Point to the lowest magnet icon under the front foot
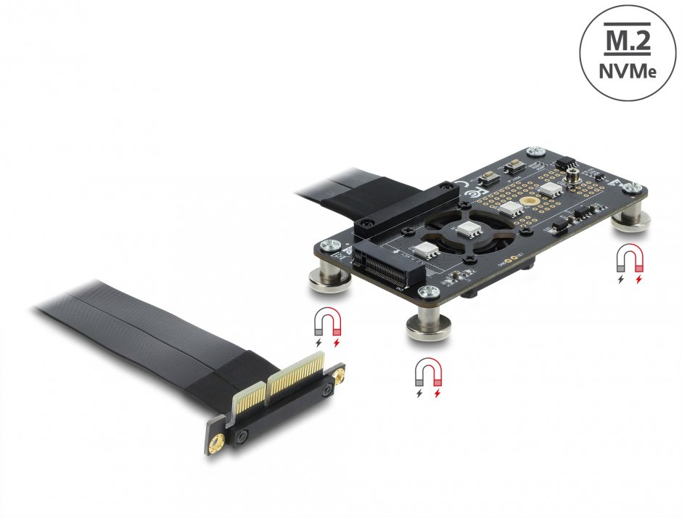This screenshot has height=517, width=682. click(x=428, y=378)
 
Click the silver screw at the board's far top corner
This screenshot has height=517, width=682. click(x=535, y=150)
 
